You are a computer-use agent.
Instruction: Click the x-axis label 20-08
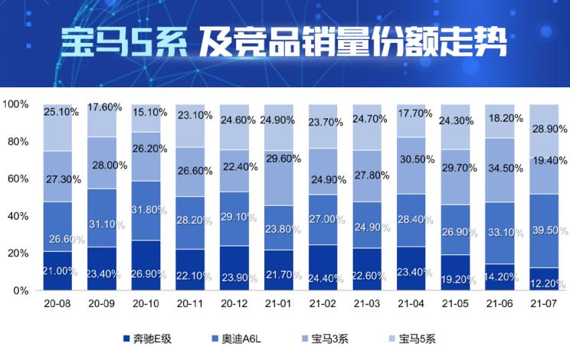pos(58,303)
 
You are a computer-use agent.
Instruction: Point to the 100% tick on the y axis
pos(16,103)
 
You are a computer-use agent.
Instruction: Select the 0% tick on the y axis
pos(21,291)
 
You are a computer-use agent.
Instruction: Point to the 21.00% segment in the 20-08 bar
pos(57,271)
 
